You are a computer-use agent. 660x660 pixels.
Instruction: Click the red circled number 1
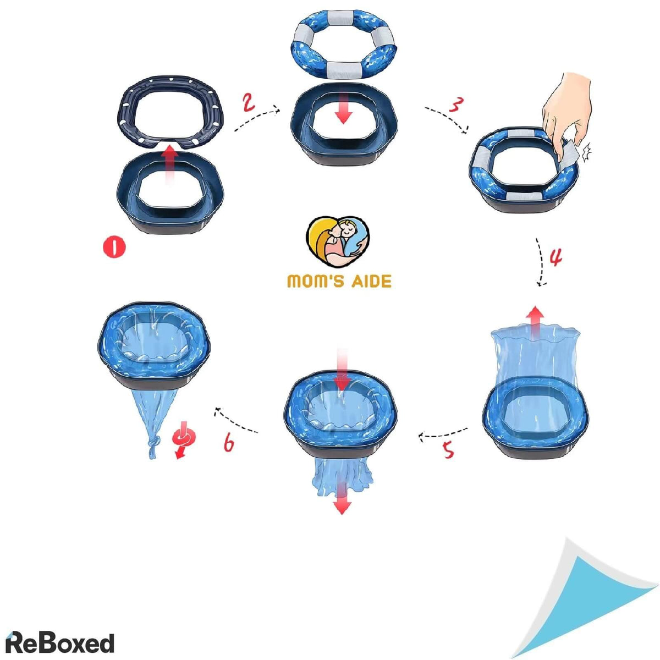(114, 248)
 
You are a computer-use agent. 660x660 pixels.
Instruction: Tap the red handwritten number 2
(249, 103)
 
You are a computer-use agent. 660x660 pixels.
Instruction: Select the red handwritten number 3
(456, 105)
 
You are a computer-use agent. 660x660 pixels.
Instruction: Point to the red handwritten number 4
(555, 257)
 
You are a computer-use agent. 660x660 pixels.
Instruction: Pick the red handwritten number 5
(448, 450)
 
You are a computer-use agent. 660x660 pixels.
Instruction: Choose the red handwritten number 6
(229, 442)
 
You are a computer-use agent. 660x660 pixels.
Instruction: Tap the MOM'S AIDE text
(339, 281)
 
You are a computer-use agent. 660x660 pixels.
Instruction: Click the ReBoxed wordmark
(59, 634)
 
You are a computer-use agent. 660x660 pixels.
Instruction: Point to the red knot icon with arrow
(183, 439)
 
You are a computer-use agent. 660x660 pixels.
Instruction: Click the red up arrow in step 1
(170, 164)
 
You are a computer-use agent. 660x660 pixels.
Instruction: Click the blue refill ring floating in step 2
(344, 44)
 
